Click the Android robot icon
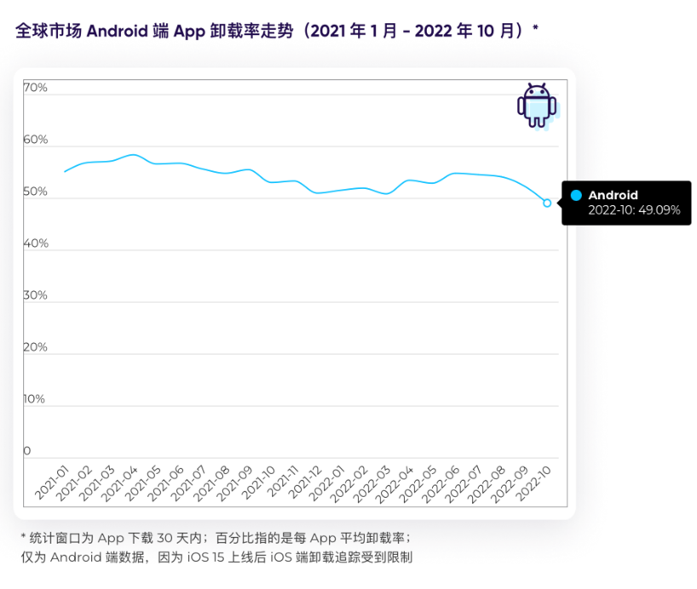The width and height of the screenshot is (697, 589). (x=537, y=105)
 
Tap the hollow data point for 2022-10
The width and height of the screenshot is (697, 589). (x=547, y=203)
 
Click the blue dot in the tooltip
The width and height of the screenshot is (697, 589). (x=576, y=196)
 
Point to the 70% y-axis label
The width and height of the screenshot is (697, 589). (x=36, y=88)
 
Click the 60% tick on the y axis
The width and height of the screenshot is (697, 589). (x=36, y=140)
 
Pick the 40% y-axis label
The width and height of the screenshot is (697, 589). (x=36, y=243)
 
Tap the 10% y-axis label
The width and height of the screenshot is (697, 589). (x=35, y=399)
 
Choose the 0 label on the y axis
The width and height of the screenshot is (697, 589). (x=27, y=451)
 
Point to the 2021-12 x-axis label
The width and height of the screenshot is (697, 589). (x=303, y=483)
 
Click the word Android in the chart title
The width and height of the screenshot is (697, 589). (x=118, y=31)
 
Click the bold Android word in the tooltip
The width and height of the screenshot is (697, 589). (x=613, y=196)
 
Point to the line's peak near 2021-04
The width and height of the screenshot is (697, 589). (x=132, y=155)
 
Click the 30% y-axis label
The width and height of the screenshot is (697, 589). (x=36, y=295)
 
